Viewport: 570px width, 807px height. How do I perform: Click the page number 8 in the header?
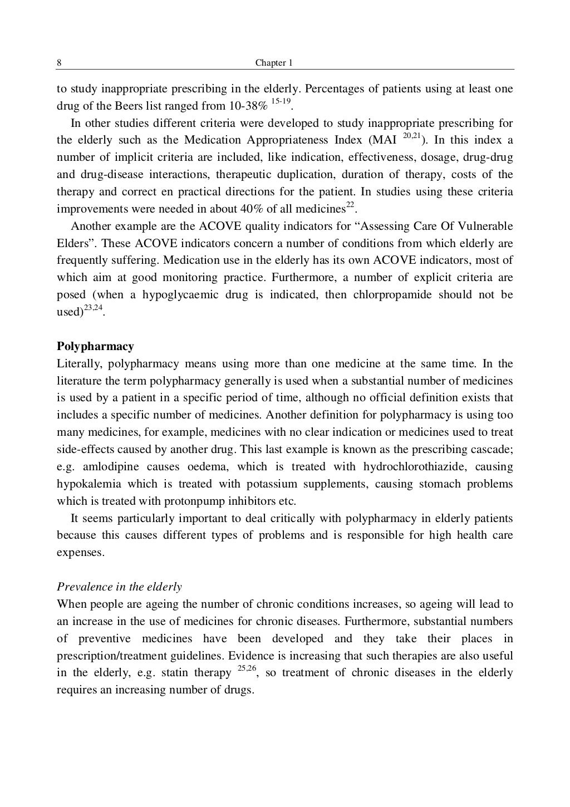coord(59,63)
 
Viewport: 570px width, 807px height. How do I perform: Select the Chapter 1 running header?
coord(273,63)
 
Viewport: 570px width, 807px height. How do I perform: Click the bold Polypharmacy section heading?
coord(95,346)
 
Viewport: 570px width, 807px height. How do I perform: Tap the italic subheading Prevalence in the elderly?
coord(119,587)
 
